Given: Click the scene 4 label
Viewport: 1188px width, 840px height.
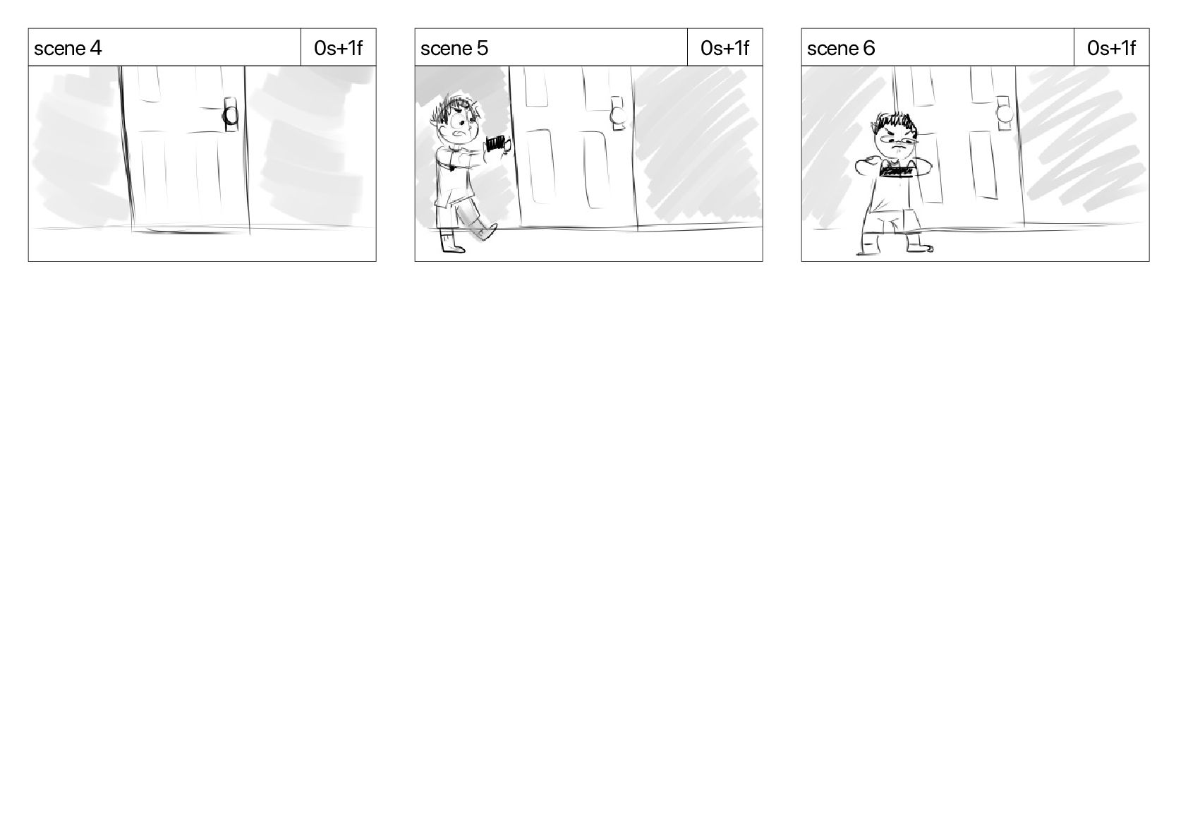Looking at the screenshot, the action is point(67,48).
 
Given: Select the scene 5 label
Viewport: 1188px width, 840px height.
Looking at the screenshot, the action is point(454,48).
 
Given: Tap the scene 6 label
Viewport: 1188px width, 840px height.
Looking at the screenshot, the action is point(841,48).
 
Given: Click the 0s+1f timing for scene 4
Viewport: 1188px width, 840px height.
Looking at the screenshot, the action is point(339,48).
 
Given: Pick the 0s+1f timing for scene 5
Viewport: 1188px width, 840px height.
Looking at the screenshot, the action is point(725,48).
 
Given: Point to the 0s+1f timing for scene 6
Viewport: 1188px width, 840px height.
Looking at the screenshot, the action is point(1112,48).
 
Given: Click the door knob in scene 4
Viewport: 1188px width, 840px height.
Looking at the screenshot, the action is point(231,115).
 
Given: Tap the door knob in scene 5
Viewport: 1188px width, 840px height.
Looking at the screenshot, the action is point(618,114).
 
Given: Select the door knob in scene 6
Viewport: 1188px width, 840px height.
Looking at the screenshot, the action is point(1005,114).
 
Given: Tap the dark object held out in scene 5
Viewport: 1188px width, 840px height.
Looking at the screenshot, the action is point(497,144).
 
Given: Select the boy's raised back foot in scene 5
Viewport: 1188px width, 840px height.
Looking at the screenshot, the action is point(485,232).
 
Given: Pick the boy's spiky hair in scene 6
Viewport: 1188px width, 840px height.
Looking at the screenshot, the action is point(895,123).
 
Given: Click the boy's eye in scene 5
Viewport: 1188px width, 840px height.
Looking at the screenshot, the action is point(461,125).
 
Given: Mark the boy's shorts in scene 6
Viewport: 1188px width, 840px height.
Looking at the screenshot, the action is point(893,222).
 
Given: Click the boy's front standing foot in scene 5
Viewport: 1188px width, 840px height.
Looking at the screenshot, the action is point(451,244).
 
